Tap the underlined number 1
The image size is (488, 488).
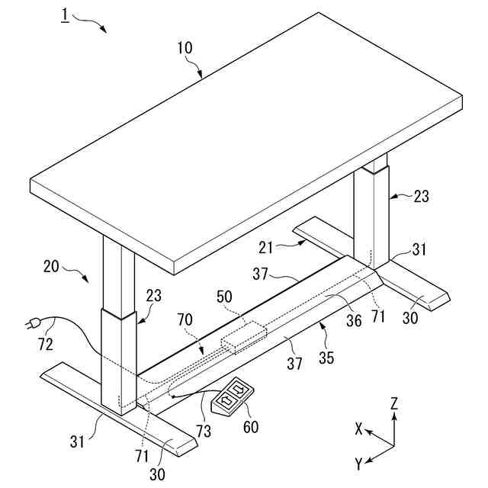[66, 15]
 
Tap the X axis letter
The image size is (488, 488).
[358, 429]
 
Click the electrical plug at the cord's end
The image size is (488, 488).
[34, 324]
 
